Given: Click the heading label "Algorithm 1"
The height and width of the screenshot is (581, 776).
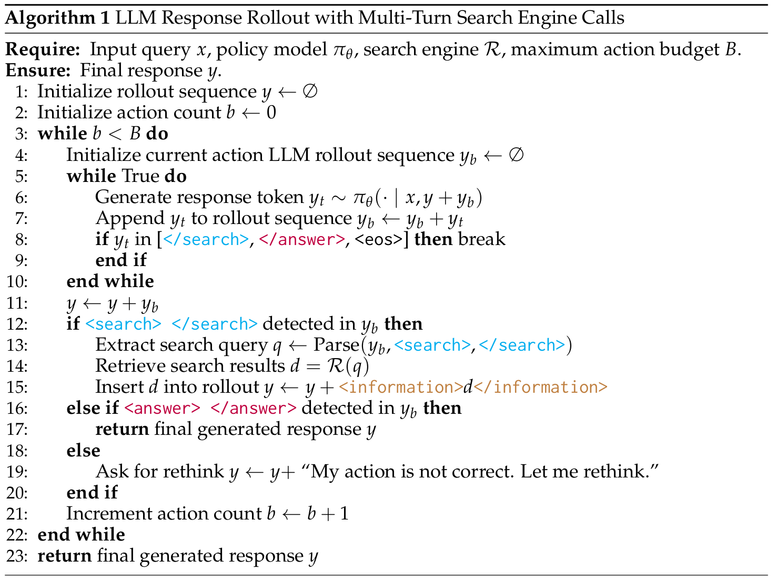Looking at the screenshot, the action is (x=57, y=18).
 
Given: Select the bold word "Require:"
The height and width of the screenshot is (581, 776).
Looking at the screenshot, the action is (x=42, y=49).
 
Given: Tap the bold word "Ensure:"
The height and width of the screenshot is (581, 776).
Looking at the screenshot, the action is (x=37, y=70).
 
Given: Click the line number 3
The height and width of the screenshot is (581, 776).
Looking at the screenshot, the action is (x=21, y=134).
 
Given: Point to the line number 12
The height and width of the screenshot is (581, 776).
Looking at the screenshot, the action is (x=17, y=324).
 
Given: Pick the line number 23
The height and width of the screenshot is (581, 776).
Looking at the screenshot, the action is (x=17, y=556).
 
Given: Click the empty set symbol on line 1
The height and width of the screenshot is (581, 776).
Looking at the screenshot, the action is (x=310, y=91).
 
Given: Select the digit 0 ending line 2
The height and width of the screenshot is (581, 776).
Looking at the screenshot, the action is (x=271, y=113).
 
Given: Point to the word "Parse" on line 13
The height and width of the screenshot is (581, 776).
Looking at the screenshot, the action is (x=336, y=345).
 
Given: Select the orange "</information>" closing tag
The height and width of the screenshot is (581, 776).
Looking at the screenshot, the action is (x=540, y=388).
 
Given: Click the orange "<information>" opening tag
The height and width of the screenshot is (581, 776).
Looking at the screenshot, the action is (x=400, y=388).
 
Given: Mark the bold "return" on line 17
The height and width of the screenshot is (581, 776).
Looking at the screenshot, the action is (x=122, y=430).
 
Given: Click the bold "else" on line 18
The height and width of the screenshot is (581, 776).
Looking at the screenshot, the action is (x=83, y=451).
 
